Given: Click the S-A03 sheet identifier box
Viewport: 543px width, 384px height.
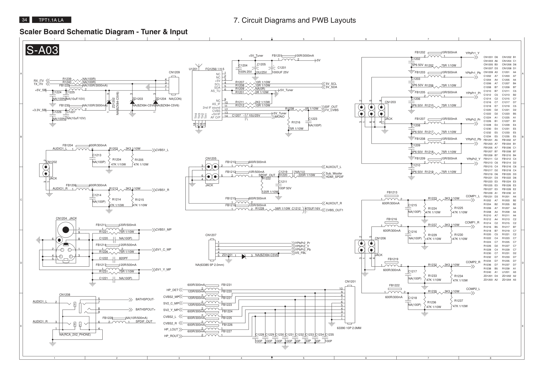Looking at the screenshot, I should click(x=42, y=50).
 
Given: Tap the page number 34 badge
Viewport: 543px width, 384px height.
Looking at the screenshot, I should click(x=24, y=20).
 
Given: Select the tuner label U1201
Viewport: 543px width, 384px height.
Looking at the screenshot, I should click(x=193, y=69).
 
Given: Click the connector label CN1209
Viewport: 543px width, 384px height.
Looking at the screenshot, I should click(x=174, y=72).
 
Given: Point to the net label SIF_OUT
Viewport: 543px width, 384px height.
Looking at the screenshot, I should click(x=331, y=107).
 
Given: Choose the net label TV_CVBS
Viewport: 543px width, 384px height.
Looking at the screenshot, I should click(x=332, y=110).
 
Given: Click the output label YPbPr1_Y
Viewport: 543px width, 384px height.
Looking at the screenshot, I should click(x=472, y=53).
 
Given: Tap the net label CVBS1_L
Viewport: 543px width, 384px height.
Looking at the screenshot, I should click(x=162, y=150).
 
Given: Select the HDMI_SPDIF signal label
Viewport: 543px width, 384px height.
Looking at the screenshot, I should click(x=334, y=177).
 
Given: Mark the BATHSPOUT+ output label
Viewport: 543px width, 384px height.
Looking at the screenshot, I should click(x=146, y=309).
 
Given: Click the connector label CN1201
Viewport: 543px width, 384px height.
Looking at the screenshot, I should click(x=350, y=281).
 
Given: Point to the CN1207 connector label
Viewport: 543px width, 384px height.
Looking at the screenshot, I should click(x=211, y=235).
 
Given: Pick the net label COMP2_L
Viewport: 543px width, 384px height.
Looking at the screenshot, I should click(x=473, y=289).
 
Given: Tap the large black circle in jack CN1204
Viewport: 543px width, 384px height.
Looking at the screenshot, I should click(x=66, y=229).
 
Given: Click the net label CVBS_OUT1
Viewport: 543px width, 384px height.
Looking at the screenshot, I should click(x=334, y=210).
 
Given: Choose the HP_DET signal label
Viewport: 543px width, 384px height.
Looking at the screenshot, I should click(x=172, y=290).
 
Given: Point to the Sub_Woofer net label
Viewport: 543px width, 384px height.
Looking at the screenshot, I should click(x=334, y=173).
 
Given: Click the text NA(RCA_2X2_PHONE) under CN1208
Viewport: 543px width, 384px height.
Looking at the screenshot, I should click(x=75, y=334).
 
